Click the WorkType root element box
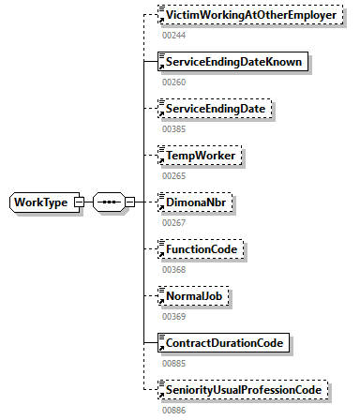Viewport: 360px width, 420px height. coord(41,202)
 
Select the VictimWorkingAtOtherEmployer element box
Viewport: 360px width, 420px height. coord(251,17)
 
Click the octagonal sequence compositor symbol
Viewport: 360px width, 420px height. coord(106,202)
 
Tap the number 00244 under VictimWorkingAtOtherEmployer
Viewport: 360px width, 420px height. coord(173,36)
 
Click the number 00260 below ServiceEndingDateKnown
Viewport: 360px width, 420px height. coord(173,82)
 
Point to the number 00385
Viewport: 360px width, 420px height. coord(173,128)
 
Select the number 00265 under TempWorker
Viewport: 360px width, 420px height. coord(173,175)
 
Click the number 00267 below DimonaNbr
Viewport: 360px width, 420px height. coord(173,222)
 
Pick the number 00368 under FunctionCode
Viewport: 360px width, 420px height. coord(173,269)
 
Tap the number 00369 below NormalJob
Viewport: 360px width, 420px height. coord(173,316)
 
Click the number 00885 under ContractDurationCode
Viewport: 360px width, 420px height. coord(173,362)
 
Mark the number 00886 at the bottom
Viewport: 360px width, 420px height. coord(173,409)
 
